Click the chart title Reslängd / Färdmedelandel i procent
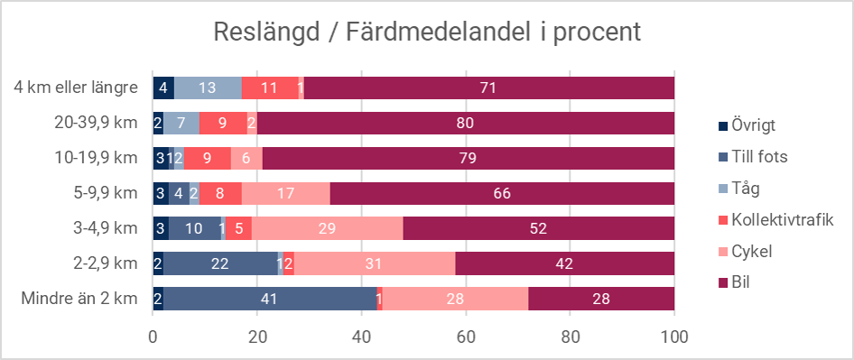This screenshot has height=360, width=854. (x=426, y=32)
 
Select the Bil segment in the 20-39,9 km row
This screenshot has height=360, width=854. (x=466, y=123)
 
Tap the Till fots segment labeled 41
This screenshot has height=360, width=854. (x=270, y=299)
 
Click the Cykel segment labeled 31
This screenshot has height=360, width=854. (x=375, y=263)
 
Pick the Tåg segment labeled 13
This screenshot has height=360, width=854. (x=208, y=88)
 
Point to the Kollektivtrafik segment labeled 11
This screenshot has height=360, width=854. (x=269, y=88)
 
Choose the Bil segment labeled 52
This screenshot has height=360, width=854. (x=539, y=228)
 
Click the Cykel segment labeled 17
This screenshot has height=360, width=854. (x=286, y=193)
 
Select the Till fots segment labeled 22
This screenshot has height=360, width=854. (x=220, y=263)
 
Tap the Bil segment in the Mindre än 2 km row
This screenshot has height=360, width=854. (x=601, y=299)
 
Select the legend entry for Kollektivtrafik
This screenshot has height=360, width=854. (x=780, y=219)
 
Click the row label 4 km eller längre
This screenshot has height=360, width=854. (x=76, y=88)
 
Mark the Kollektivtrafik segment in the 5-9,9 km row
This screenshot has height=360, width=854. (x=220, y=193)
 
